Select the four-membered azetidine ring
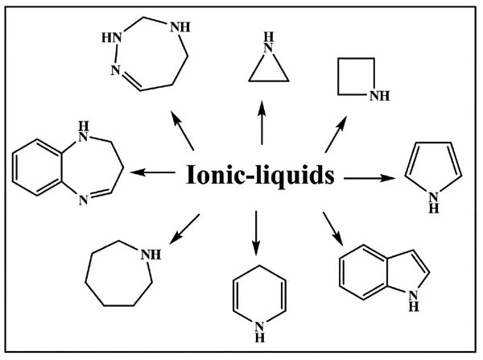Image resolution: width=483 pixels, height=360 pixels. (357, 81)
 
